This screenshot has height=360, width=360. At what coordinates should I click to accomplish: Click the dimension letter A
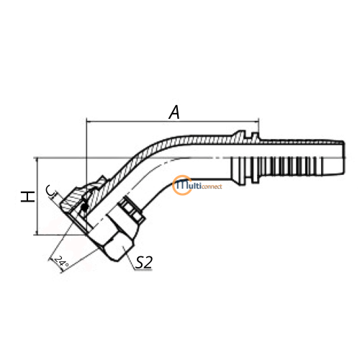(174, 112)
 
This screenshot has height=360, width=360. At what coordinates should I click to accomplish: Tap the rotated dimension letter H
(27, 197)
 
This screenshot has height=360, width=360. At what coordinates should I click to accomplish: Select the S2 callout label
(144, 262)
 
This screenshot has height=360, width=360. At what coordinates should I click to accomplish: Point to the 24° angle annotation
(61, 261)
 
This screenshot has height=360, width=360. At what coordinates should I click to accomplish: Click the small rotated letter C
(50, 191)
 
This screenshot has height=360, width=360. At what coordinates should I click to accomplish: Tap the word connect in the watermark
(212, 186)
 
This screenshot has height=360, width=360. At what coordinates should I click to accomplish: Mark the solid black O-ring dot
(84, 207)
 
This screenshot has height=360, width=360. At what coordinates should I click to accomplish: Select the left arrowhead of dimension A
(89, 122)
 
